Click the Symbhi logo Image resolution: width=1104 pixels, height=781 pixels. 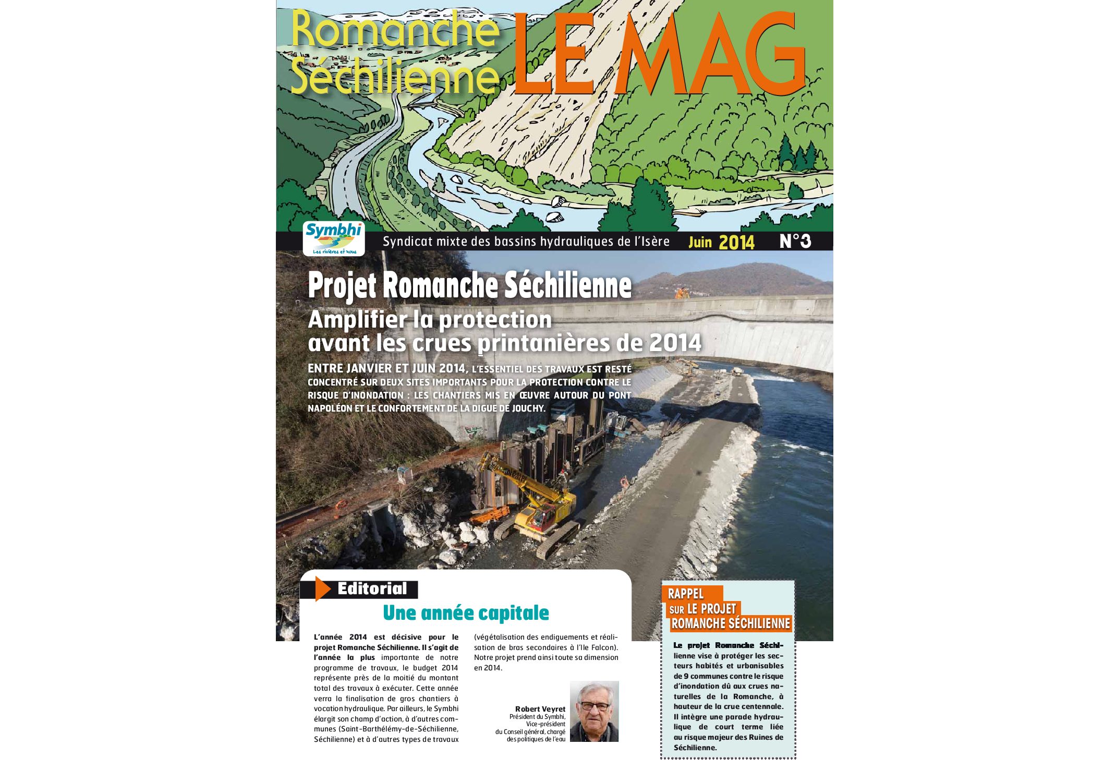(333, 238)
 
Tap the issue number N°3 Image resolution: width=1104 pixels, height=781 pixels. (795, 241)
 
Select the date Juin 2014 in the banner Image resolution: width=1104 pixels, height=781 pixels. (721, 242)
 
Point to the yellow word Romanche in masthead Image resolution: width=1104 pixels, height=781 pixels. (394, 30)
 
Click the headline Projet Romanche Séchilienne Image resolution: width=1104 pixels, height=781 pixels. (469, 285)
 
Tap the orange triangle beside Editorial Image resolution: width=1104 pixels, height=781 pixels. (322, 589)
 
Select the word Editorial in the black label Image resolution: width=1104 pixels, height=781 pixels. (372, 589)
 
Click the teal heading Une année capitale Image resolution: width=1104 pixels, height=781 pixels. (466, 613)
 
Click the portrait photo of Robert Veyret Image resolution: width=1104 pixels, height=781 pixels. (594, 711)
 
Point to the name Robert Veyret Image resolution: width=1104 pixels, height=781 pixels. (540, 709)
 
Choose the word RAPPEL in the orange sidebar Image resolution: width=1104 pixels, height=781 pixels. (686, 594)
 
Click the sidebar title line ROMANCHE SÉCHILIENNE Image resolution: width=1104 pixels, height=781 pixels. (731, 623)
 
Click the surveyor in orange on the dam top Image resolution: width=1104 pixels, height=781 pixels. (682, 293)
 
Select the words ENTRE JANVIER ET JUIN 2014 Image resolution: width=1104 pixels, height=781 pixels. (386, 369)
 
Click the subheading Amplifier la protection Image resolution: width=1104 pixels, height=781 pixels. (430, 320)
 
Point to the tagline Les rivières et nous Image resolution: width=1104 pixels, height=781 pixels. (334, 251)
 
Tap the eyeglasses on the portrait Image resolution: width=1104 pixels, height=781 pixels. (595, 706)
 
